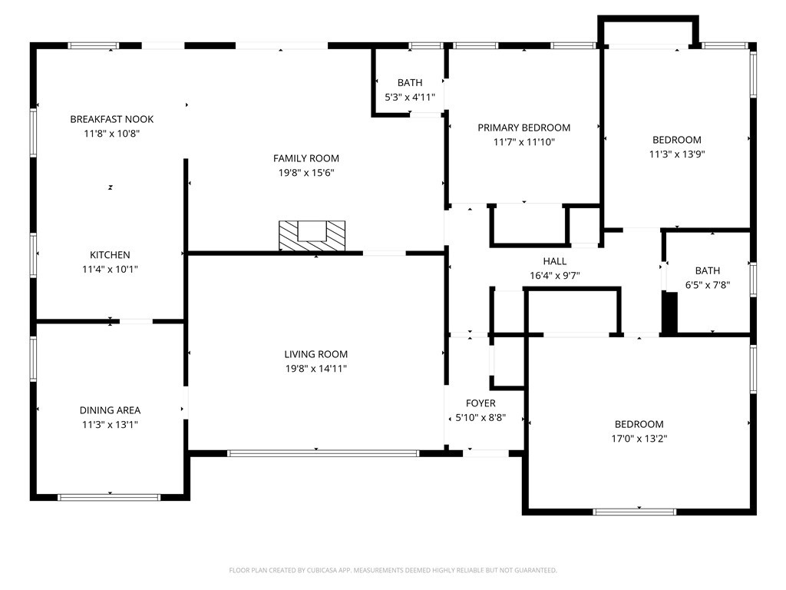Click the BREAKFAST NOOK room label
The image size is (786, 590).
112,119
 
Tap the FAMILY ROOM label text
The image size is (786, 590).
306,158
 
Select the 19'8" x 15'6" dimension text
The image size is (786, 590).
306,173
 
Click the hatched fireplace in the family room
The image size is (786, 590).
312,236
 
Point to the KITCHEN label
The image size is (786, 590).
110,255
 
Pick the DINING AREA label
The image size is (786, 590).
110,410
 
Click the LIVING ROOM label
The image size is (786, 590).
315,354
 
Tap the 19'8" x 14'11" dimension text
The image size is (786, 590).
315,369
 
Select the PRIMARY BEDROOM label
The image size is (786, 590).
523,128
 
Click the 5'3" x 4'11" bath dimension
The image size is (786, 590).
410,98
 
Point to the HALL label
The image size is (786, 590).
555,261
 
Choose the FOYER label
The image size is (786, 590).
481,403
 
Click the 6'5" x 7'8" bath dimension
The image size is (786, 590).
708,286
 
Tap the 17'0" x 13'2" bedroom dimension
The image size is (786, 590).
639,439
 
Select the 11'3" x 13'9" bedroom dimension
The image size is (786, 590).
677,154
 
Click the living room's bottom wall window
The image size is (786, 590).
323,453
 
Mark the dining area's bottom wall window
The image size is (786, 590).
109,498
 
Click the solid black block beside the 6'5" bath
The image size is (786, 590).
669,313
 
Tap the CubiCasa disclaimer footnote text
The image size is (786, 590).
393,571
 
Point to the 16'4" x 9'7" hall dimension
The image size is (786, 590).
555,276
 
